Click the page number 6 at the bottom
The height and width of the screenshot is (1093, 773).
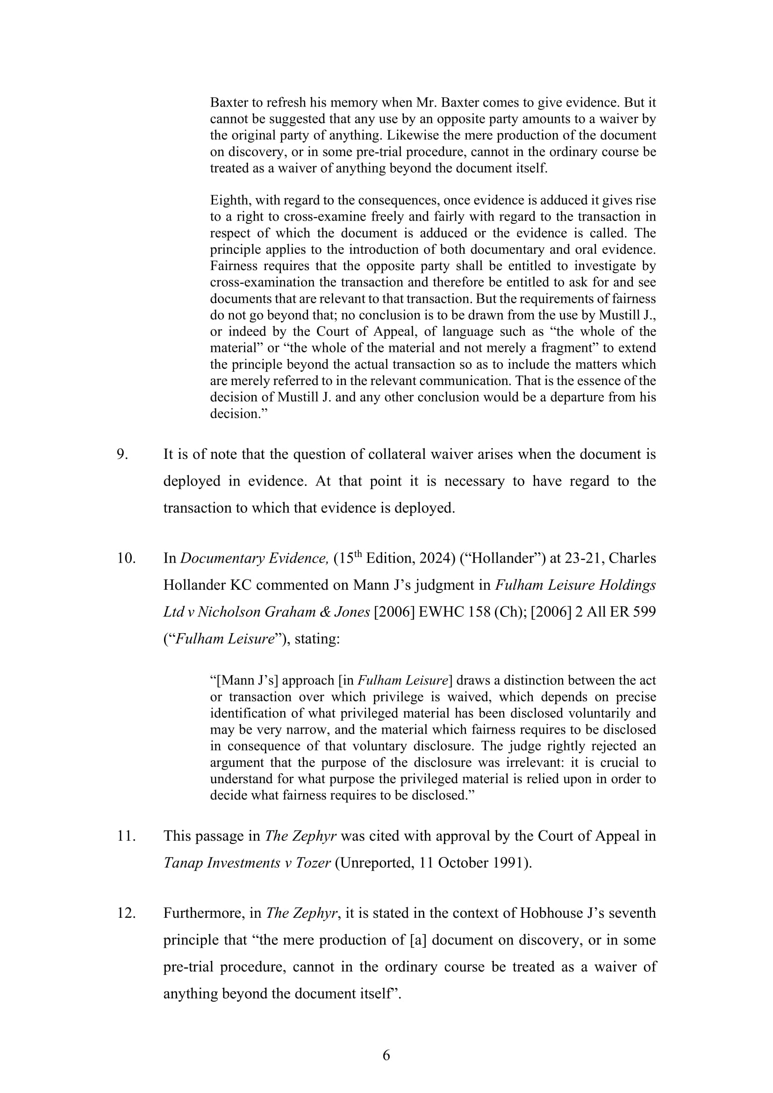pyautogui.click(x=386, y=1056)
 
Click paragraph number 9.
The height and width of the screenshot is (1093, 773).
pyautogui.click(x=122, y=454)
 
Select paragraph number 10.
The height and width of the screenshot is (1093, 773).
pyautogui.click(x=126, y=558)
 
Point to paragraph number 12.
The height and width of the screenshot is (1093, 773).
pyautogui.click(x=126, y=913)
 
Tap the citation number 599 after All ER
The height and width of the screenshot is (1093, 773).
pyautogui.click(x=644, y=612)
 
